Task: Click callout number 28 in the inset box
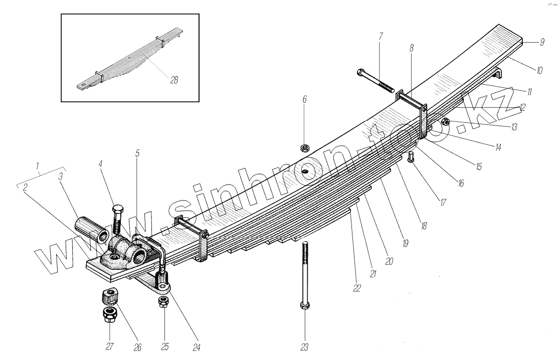[x=173, y=79]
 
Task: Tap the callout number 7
[x=381, y=36]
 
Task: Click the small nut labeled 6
[x=304, y=147]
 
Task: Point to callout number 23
[x=304, y=347]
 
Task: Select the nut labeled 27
[x=110, y=315]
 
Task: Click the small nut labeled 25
[x=163, y=302]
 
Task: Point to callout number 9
[x=542, y=43]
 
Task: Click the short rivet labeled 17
[x=411, y=157]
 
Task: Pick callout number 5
[x=137, y=153]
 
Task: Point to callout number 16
[x=460, y=184]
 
